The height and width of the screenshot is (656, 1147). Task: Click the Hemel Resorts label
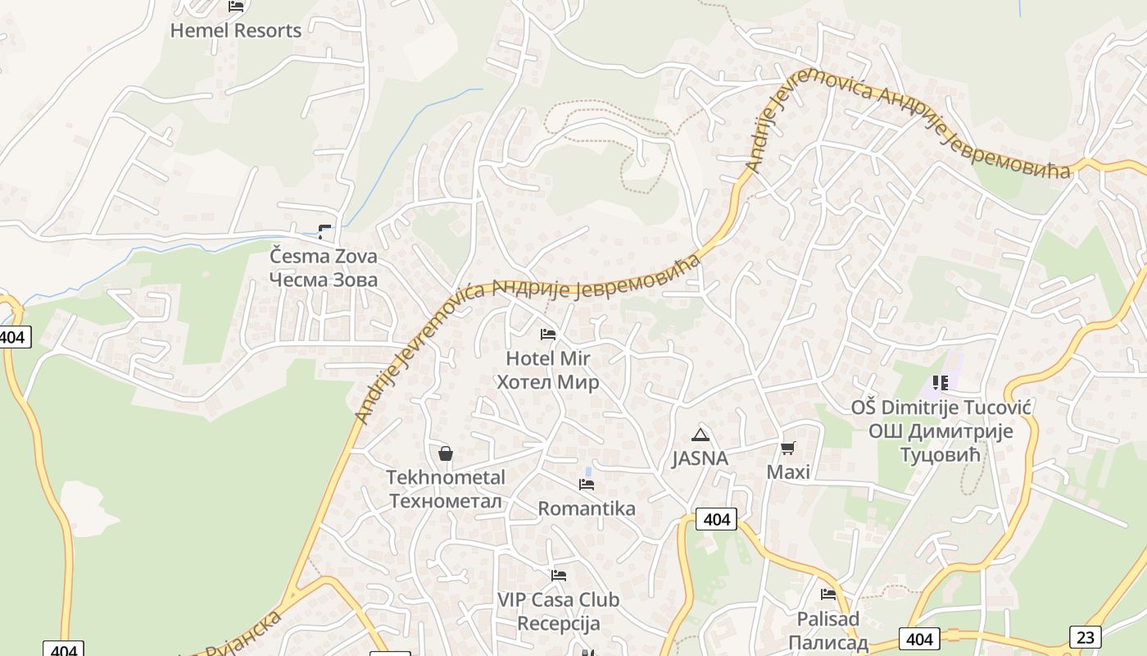tap(236, 31)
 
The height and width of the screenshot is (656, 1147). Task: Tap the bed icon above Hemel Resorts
tap(236, 7)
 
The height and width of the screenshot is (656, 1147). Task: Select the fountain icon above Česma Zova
tap(325, 232)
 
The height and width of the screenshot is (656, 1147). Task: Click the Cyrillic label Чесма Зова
tap(324, 280)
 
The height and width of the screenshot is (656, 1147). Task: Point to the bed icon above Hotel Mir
tap(548, 335)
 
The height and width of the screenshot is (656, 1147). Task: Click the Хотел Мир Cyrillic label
tap(548, 382)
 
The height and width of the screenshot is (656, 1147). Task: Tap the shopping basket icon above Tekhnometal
tap(446, 453)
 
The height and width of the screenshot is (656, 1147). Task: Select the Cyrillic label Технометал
tap(447, 500)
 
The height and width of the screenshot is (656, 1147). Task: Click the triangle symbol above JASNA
tap(700, 435)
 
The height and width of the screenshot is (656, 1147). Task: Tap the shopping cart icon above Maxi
tap(787, 448)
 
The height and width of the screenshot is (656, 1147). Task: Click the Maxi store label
tap(788, 472)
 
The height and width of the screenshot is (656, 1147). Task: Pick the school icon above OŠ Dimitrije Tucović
tap(940, 383)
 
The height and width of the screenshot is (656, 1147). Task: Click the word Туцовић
tap(941, 455)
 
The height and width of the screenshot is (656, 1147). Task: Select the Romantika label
tap(587, 508)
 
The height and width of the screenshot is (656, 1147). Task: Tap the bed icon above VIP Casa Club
tap(559, 576)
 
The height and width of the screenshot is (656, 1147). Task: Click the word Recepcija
tap(559, 623)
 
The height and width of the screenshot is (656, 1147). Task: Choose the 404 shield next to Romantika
tap(716, 519)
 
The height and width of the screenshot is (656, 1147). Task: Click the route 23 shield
tap(1085, 636)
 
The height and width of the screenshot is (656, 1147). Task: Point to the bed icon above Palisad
tap(828, 594)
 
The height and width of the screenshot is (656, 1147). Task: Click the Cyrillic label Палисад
tap(828, 641)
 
